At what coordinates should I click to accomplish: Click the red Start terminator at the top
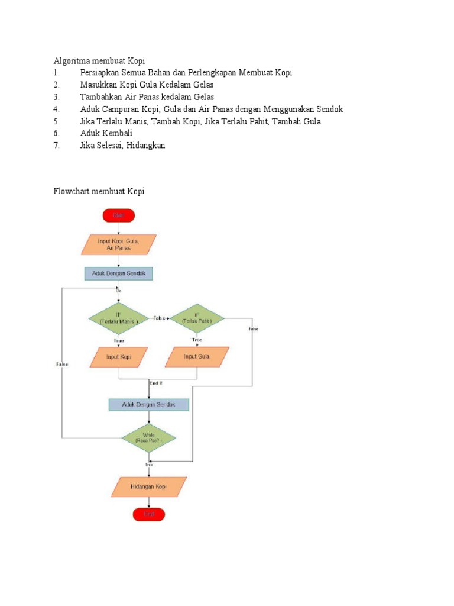pyautogui.click(x=119, y=215)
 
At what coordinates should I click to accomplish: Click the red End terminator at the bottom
pyautogui.click(x=148, y=515)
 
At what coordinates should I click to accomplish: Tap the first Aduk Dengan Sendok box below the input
pyautogui.click(x=119, y=273)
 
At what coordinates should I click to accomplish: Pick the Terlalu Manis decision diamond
pyautogui.click(x=119, y=319)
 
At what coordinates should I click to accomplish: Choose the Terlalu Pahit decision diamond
pyautogui.click(x=197, y=319)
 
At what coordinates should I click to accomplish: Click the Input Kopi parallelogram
pyautogui.click(x=119, y=357)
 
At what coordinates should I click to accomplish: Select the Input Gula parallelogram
pyautogui.click(x=197, y=357)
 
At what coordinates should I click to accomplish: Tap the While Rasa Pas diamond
pyautogui.click(x=149, y=439)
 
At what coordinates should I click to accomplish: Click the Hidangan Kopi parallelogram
pyautogui.click(x=148, y=486)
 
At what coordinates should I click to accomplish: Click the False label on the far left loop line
pyautogui.click(x=62, y=365)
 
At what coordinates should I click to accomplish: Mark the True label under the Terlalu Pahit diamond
pyautogui.click(x=197, y=340)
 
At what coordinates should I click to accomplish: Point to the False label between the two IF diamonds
pyautogui.click(x=160, y=318)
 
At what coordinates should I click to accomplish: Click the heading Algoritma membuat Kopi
pyautogui.click(x=99, y=61)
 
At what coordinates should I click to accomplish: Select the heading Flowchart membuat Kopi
pyautogui.click(x=99, y=191)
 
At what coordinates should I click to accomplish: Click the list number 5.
pyautogui.click(x=56, y=121)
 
